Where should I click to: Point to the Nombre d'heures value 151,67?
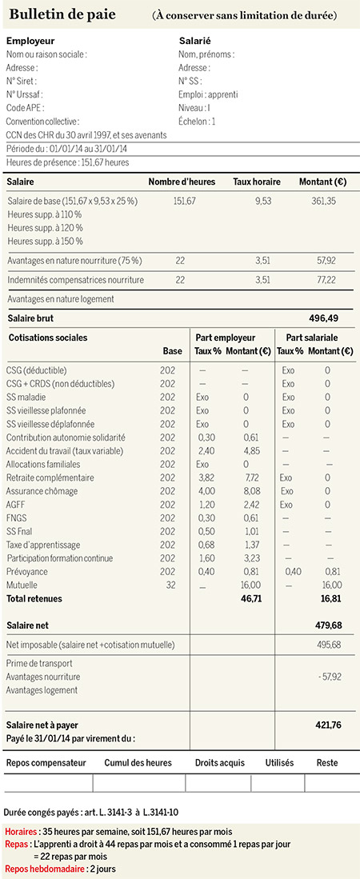click(185, 201)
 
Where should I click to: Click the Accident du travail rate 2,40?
click(203, 451)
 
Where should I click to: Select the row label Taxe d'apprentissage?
click(43, 545)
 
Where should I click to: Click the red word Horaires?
click(21, 831)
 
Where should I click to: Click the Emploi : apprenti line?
click(208, 94)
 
